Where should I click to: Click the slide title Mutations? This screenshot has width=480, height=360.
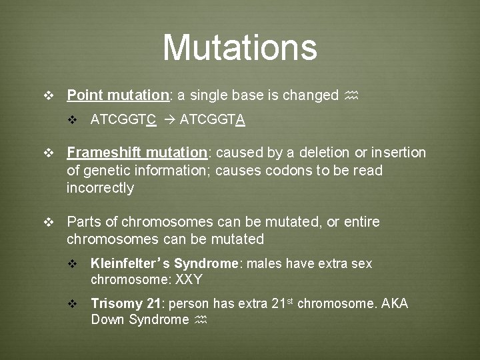[239, 47]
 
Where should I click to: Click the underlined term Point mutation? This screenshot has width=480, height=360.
[118, 95]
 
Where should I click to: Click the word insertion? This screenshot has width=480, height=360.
[399, 153]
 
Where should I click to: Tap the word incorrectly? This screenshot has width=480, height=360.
[100, 188]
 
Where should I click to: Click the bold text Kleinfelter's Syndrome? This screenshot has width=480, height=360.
[164, 264]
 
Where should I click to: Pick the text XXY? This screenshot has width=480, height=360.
[189, 279]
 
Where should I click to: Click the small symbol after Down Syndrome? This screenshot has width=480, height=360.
[201, 320]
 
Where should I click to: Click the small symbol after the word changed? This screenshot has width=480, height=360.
[352, 96]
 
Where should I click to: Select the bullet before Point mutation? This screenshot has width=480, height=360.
[47, 96]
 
